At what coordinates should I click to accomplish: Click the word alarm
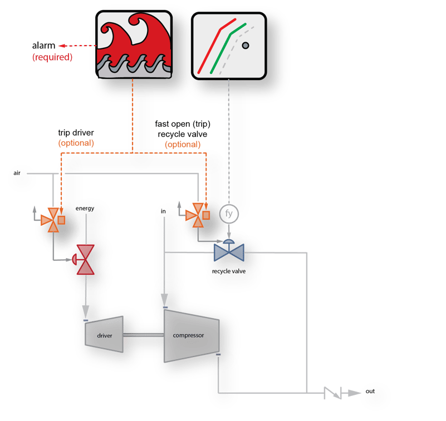pos(43,46)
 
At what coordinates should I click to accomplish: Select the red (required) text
pos(52,57)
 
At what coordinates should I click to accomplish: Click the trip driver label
pos(76,133)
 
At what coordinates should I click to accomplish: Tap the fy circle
pos(228,213)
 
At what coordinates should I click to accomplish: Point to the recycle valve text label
pos(228,271)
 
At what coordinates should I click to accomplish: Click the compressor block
pos(189,335)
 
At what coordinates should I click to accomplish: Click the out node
pos(370,392)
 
